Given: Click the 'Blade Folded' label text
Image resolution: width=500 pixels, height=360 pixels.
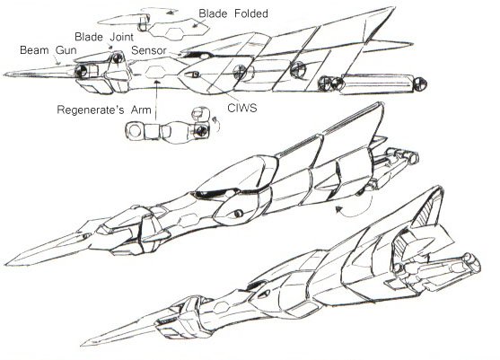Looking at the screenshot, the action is click(233, 13).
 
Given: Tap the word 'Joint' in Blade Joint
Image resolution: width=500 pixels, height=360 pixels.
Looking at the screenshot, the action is click(121, 37).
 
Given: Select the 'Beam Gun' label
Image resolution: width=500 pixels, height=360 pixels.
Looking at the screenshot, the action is click(48, 50).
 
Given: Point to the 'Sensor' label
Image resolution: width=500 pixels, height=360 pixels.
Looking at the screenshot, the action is click(149, 50).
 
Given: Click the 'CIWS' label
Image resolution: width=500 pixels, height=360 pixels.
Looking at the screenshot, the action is click(242, 108).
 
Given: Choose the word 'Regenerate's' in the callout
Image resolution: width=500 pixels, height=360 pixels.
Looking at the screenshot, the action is click(91, 110).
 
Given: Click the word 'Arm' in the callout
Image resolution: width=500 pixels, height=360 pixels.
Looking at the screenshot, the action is click(141, 110).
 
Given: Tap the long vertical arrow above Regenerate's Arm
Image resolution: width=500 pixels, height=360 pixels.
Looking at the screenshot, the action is click(156, 100).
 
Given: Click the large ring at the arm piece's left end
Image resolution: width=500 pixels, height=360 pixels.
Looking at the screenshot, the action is click(135, 132).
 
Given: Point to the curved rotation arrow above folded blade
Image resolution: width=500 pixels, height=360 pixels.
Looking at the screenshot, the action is click(160, 10).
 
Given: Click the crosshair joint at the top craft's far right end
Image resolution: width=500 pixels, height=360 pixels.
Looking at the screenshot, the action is click(419, 84).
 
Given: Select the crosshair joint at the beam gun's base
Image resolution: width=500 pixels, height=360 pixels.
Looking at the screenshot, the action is click(81, 71).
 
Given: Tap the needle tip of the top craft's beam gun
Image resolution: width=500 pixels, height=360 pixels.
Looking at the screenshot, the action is click(4, 75).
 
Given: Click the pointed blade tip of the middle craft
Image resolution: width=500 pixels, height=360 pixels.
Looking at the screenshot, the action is click(6, 264).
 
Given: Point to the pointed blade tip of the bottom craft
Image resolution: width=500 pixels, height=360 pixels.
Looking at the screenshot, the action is click(82, 345).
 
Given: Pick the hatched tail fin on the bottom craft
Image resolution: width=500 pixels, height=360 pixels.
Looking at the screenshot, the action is click(426, 209).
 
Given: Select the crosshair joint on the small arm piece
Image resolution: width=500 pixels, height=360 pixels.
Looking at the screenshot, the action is click(201, 130).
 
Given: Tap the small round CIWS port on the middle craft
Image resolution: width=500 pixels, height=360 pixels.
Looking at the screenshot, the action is click(238, 214).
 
